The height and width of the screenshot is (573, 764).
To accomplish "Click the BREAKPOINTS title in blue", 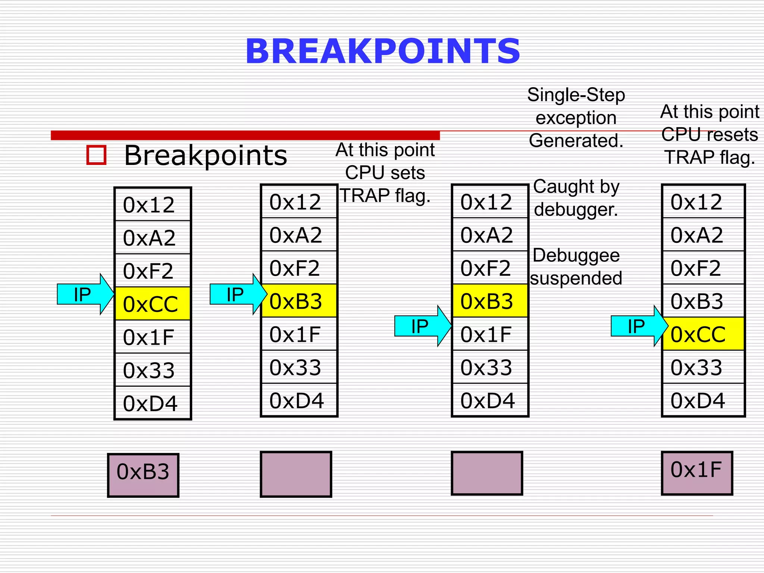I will [x=382, y=51].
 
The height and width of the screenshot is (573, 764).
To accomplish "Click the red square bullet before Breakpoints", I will [x=96, y=155].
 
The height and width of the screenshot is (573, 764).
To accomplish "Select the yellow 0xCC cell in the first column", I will [x=153, y=304].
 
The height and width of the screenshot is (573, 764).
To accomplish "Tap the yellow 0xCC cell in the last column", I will [x=703, y=334].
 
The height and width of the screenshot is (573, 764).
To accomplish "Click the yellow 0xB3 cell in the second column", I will [x=299, y=301].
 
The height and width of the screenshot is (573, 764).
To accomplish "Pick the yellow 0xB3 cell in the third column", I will [x=490, y=301].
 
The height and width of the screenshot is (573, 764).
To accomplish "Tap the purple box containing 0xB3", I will [x=143, y=475].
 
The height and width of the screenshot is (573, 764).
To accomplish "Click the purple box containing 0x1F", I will [x=697, y=473].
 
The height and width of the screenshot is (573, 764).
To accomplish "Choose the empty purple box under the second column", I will [x=296, y=474].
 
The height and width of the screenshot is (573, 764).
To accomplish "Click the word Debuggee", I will [x=576, y=256].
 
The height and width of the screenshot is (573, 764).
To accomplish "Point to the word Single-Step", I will [x=576, y=95].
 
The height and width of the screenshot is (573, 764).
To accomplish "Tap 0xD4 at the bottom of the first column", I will [x=150, y=404].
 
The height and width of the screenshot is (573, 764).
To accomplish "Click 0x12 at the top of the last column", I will [x=696, y=202].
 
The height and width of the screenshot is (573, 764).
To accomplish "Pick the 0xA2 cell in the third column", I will [x=486, y=235].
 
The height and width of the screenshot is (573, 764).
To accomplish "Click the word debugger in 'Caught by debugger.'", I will [x=576, y=210].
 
